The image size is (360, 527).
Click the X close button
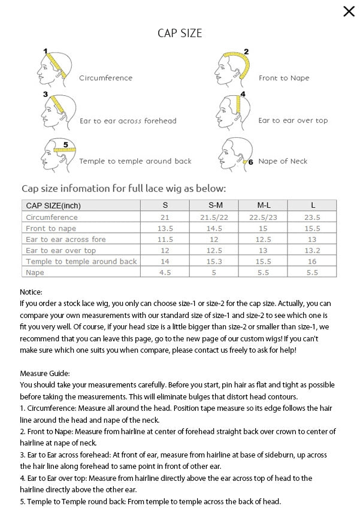coord(349,11)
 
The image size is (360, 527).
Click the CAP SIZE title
coord(179,32)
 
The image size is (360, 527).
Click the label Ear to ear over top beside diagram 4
coord(293,120)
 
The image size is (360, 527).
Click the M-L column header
coord(262,205)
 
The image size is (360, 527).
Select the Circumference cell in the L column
coord(313,217)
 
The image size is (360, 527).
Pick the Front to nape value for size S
coord(165,228)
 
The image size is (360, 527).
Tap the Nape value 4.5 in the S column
coord(165,272)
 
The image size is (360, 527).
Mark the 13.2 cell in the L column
coord(313,250)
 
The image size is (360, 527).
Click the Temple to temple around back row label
coord(81,261)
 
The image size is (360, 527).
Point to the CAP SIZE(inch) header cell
coord(53,205)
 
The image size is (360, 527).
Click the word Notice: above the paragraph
coord(31,292)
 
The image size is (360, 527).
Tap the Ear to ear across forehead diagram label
coord(128,121)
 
